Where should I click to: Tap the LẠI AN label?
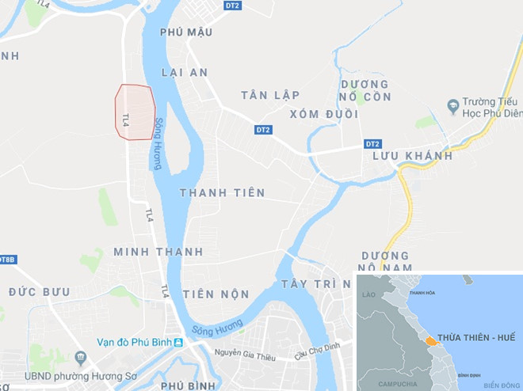click(x=184, y=72)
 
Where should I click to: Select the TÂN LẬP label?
click(x=270, y=95)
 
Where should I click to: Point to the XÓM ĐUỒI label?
click(x=323, y=114)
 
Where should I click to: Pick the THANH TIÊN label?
click(x=222, y=193)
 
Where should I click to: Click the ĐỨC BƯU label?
click(x=39, y=292)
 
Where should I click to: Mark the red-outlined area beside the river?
click(x=134, y=112)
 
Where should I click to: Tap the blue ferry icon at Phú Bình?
click(x=178, y=342)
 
